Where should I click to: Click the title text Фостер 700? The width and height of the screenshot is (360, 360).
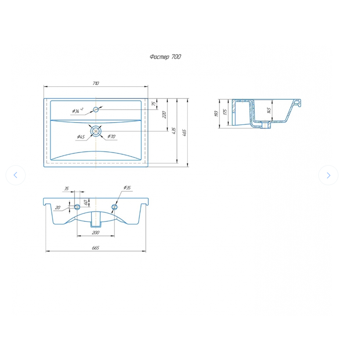165,57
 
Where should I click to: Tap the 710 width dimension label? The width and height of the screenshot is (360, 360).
96,83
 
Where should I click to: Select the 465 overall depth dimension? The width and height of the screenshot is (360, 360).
184,133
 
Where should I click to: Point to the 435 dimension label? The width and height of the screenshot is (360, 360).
174,131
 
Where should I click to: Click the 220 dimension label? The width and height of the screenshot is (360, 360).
164,114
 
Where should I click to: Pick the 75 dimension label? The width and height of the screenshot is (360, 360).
154,104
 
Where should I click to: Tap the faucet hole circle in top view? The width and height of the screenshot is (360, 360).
96,109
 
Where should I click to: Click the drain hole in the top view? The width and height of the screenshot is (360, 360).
96,131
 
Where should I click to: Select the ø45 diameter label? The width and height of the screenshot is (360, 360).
81,137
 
